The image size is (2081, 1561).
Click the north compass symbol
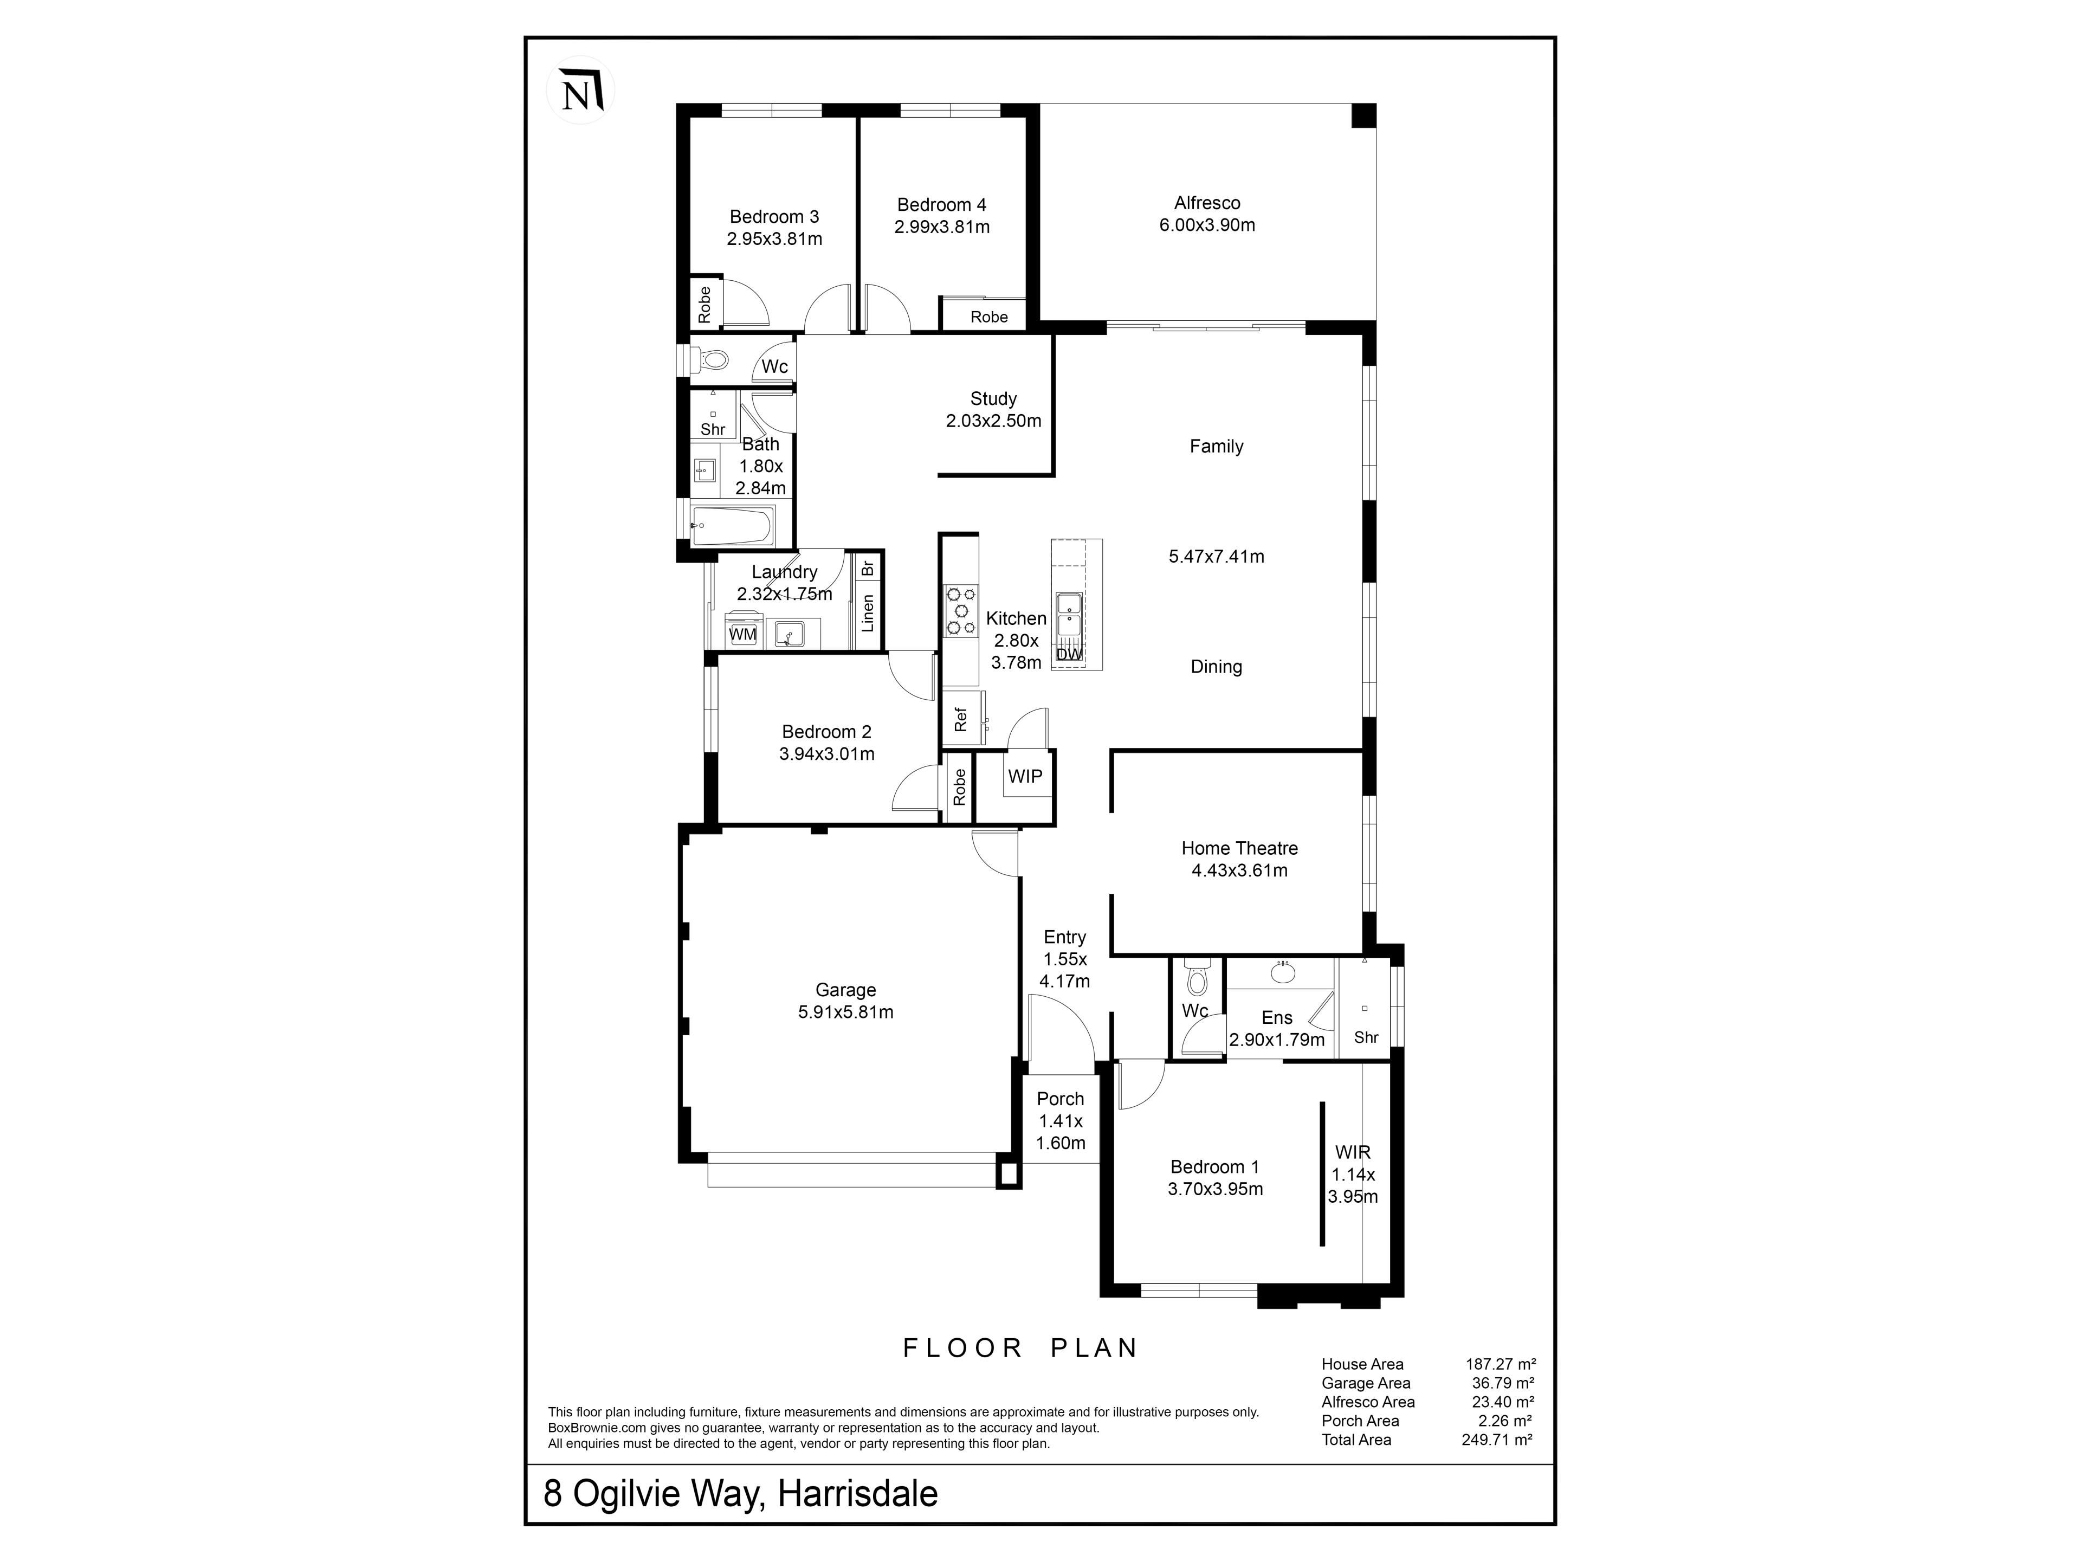coord(580,91)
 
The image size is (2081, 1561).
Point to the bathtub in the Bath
coord(732,526)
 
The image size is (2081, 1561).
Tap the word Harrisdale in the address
coord(858,1493)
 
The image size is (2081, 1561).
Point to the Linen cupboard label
coord(868,612)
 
